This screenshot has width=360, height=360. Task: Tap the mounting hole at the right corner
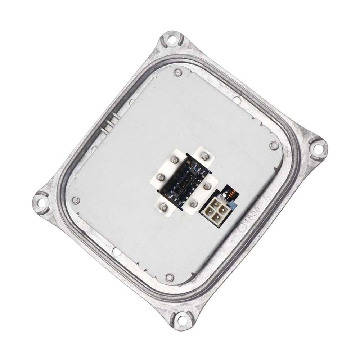pos(317,148)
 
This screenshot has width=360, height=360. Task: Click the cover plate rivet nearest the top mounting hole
pos(177,72)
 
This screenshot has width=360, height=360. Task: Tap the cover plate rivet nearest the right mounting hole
pos(274,146)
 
